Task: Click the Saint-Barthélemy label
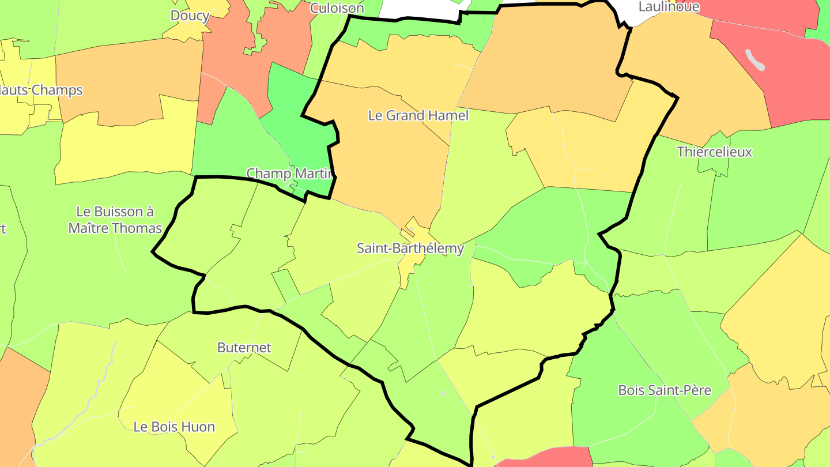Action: click(x=410, y=248)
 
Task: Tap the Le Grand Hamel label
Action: click(x=418, y=115)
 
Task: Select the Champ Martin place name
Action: click(x=290, y=173)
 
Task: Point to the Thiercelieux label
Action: click(x=714, y=152)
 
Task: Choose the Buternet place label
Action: click(x=244, y=348)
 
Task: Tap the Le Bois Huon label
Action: click(x=173, y=427)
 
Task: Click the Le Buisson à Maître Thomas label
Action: click(x=115, y=220)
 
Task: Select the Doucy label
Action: click(x=190, y=16)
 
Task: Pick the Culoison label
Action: click(x=337, y=8)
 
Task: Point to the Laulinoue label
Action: click(x=669, y=7)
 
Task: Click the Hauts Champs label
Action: click(x=40, y=91)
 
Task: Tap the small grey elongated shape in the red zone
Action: click(x=755, y=59)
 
